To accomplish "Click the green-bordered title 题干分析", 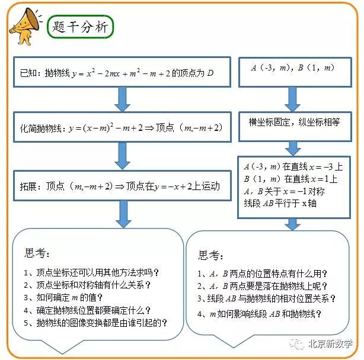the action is click(x=80, y=27).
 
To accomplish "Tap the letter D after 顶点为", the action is click(x=210, y=73).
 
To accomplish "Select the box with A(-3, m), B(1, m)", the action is click(x=295, y=72).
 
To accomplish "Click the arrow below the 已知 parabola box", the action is click(x=122, y=99).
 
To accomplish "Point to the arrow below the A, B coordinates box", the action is click(x=292, y=99).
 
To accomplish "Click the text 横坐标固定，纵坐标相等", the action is click(x=294, y=122).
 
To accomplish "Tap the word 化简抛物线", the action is click(x=41, y=128).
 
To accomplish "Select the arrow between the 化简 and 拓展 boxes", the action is click(x=122, y=156).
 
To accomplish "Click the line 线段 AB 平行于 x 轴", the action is click(x=280, y=203).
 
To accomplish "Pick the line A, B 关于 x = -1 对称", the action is click(x=284, y=191).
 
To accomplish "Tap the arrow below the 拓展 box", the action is click(x=123, y=214).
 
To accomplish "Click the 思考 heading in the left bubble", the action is click(x=37, y=253).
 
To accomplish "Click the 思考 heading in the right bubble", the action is click(x=210, y=255).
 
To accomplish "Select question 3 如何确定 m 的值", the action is click(x=63, y=297).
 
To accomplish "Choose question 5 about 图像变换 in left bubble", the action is click(x=95, y=323).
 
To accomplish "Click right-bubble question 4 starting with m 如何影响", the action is click(x=259, y=314).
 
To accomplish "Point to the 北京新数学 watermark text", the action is click(x=330, y=344).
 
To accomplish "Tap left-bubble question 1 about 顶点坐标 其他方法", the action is click(x=91, y=272).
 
